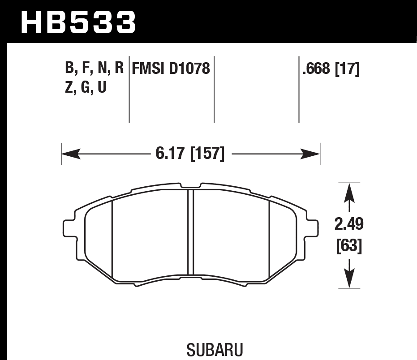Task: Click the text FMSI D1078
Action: click(x=170, y=69)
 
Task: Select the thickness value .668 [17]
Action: click(x=331, y=69)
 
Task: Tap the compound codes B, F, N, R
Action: click(x=94, y=69)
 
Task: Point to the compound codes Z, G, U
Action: click(x=86, y=87)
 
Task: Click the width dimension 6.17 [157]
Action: click(x=189, y=154)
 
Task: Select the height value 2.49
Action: click(x=349, y=224)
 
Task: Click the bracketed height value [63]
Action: click(x=349, y=246)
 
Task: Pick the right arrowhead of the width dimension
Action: click(x=311, y=154)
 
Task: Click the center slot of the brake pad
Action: click(x=190, y=232)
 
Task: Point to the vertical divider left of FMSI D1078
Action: click(x=129, y=89)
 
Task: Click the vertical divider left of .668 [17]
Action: click(x=299, y=89)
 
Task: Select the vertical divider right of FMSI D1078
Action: click(x=214, y=89)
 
